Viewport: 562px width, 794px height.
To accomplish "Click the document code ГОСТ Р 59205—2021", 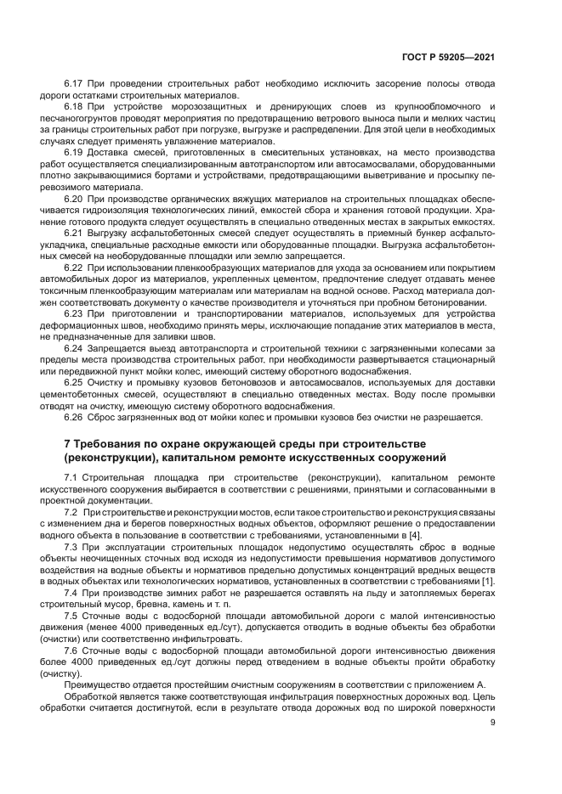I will point(448,58).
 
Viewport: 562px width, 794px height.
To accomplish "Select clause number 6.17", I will point(74,85).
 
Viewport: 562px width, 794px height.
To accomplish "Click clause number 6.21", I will point(74,232).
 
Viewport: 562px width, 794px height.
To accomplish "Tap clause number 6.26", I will point(74,416).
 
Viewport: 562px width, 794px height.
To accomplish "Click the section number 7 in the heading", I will point(68,444).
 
